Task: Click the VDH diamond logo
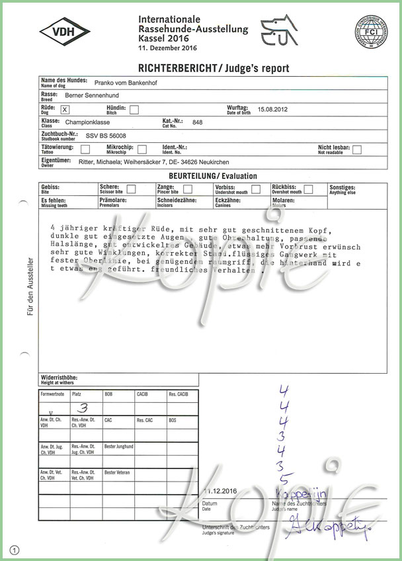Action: [65, 32]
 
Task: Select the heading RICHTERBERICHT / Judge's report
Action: [213, 68]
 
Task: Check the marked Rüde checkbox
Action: [64, 110]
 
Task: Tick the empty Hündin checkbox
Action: [134, 110]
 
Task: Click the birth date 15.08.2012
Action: [272, 108]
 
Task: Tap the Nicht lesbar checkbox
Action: [357, 150]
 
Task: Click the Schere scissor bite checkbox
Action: [131, 189]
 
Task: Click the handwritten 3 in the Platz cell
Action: [83, 408]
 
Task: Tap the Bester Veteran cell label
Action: [117, 472]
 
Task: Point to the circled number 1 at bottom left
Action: [15, 549]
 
